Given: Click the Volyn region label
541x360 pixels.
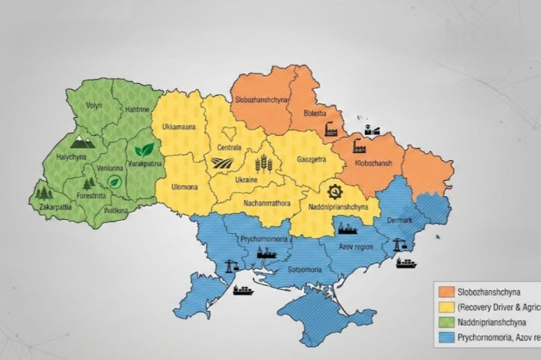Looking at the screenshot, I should [x=94, y=105].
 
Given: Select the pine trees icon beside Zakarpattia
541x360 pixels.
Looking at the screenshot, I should [x=44, y=193].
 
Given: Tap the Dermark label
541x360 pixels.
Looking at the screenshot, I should [x=400, y=219].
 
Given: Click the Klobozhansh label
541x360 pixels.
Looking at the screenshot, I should [x=374, y=164].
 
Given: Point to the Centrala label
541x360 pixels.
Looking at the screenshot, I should [x=229, y=148].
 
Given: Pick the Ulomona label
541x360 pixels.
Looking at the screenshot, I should [x=184, y=188].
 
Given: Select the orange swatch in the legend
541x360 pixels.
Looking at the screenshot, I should [x=447, y=292].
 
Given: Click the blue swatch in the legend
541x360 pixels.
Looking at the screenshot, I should [x=447, y=336].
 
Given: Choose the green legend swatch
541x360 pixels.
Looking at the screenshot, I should [x=447, y=322].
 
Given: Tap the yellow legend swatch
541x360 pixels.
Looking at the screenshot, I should [x=447, y=307].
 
